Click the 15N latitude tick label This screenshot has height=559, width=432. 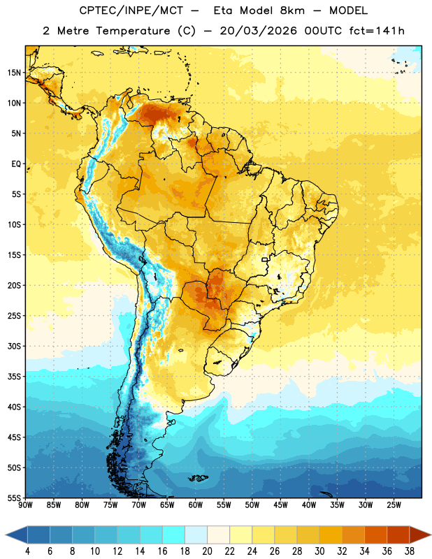pyautogui.click(x=14, y=73)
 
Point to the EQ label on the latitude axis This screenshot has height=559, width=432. pyautogui.click(x=16, y=164)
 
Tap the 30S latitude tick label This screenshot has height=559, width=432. pyautogui.click(x=14, y=346)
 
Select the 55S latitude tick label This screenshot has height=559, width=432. pyautogui.click(x=14, y=498)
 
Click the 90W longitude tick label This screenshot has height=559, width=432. pyautogui.click(x=25, y=505)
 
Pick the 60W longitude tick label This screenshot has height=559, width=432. pyautogui.click(x=196, y=505)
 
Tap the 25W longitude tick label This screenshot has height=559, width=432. pyautogui.click(x=394, y=505)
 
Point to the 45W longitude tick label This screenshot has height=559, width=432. pyautogui.click(x=280, y=505)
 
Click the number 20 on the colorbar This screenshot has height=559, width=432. pyautogui.click(x=207, y=551)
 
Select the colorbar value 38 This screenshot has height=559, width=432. pyautogui.click(x=409, y=551)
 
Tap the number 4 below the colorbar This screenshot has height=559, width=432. pyautogui.click(x=27, y=551)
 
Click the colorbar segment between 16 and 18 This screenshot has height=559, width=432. pyautogui.click(x=173, y=535)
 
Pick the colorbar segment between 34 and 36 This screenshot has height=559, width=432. pyautogui.click(x=375, y=535)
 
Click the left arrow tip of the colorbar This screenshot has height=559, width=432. pyautogui.click(x=6, y=535)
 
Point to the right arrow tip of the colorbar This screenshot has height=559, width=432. pyautogui.click(x=431, y=535)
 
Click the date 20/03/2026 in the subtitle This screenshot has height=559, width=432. pyautogui.click(x=258, y=31)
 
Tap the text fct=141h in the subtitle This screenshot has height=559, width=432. pyautogui.click(x=377, y=31)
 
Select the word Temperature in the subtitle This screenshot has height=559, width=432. pyautogui.click(x=133, y=31)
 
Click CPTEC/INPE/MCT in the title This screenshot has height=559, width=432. pyautogui.click(x=131, y=10)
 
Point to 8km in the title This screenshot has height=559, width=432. pyautogui.click(x=292, y=10)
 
